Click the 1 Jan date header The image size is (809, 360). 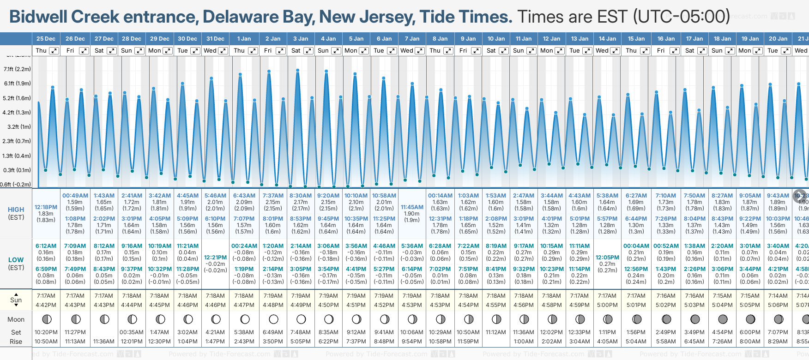244,39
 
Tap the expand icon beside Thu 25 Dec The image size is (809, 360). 54,51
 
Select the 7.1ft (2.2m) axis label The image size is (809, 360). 17,69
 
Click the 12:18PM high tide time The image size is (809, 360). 46,207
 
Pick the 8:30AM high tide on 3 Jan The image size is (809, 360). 301,196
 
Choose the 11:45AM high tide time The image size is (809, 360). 412,207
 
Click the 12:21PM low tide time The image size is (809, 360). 215,258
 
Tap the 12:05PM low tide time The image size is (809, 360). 607,258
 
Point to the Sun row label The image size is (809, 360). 16,300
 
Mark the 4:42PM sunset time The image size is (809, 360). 46,305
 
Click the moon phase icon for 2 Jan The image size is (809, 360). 273,319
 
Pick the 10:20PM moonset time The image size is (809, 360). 46,332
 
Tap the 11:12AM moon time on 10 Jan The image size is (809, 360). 496,332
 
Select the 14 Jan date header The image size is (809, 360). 607,39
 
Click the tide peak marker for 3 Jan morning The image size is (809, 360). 298,70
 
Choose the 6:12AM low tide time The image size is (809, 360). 46,246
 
